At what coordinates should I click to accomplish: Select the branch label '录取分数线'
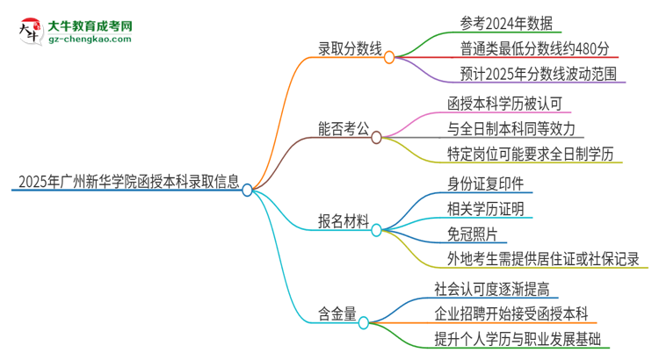point(348,52)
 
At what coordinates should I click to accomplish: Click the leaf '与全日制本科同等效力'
point(511,129)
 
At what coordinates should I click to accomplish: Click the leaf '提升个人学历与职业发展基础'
point(523,339)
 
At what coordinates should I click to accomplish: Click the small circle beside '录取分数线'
point(389,55)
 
